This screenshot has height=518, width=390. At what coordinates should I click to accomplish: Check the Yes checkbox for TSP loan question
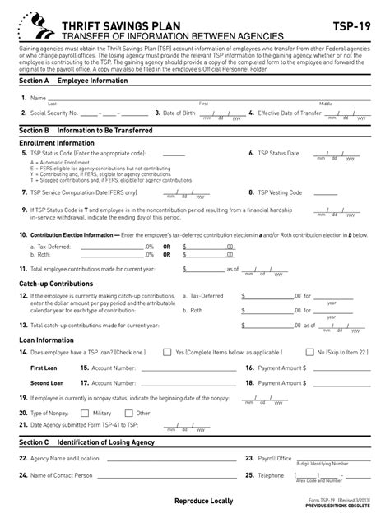tap(168, 352)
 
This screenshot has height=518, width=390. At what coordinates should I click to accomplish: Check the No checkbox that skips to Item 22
tap(309, 352)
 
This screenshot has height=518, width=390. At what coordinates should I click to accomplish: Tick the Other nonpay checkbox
tap(129, 413)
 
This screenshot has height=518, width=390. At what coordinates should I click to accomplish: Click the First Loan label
tap(44, 368)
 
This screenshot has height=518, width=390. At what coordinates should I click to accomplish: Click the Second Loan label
tap(47, 383)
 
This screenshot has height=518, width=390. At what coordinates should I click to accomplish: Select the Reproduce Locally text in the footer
tap(203, 501)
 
